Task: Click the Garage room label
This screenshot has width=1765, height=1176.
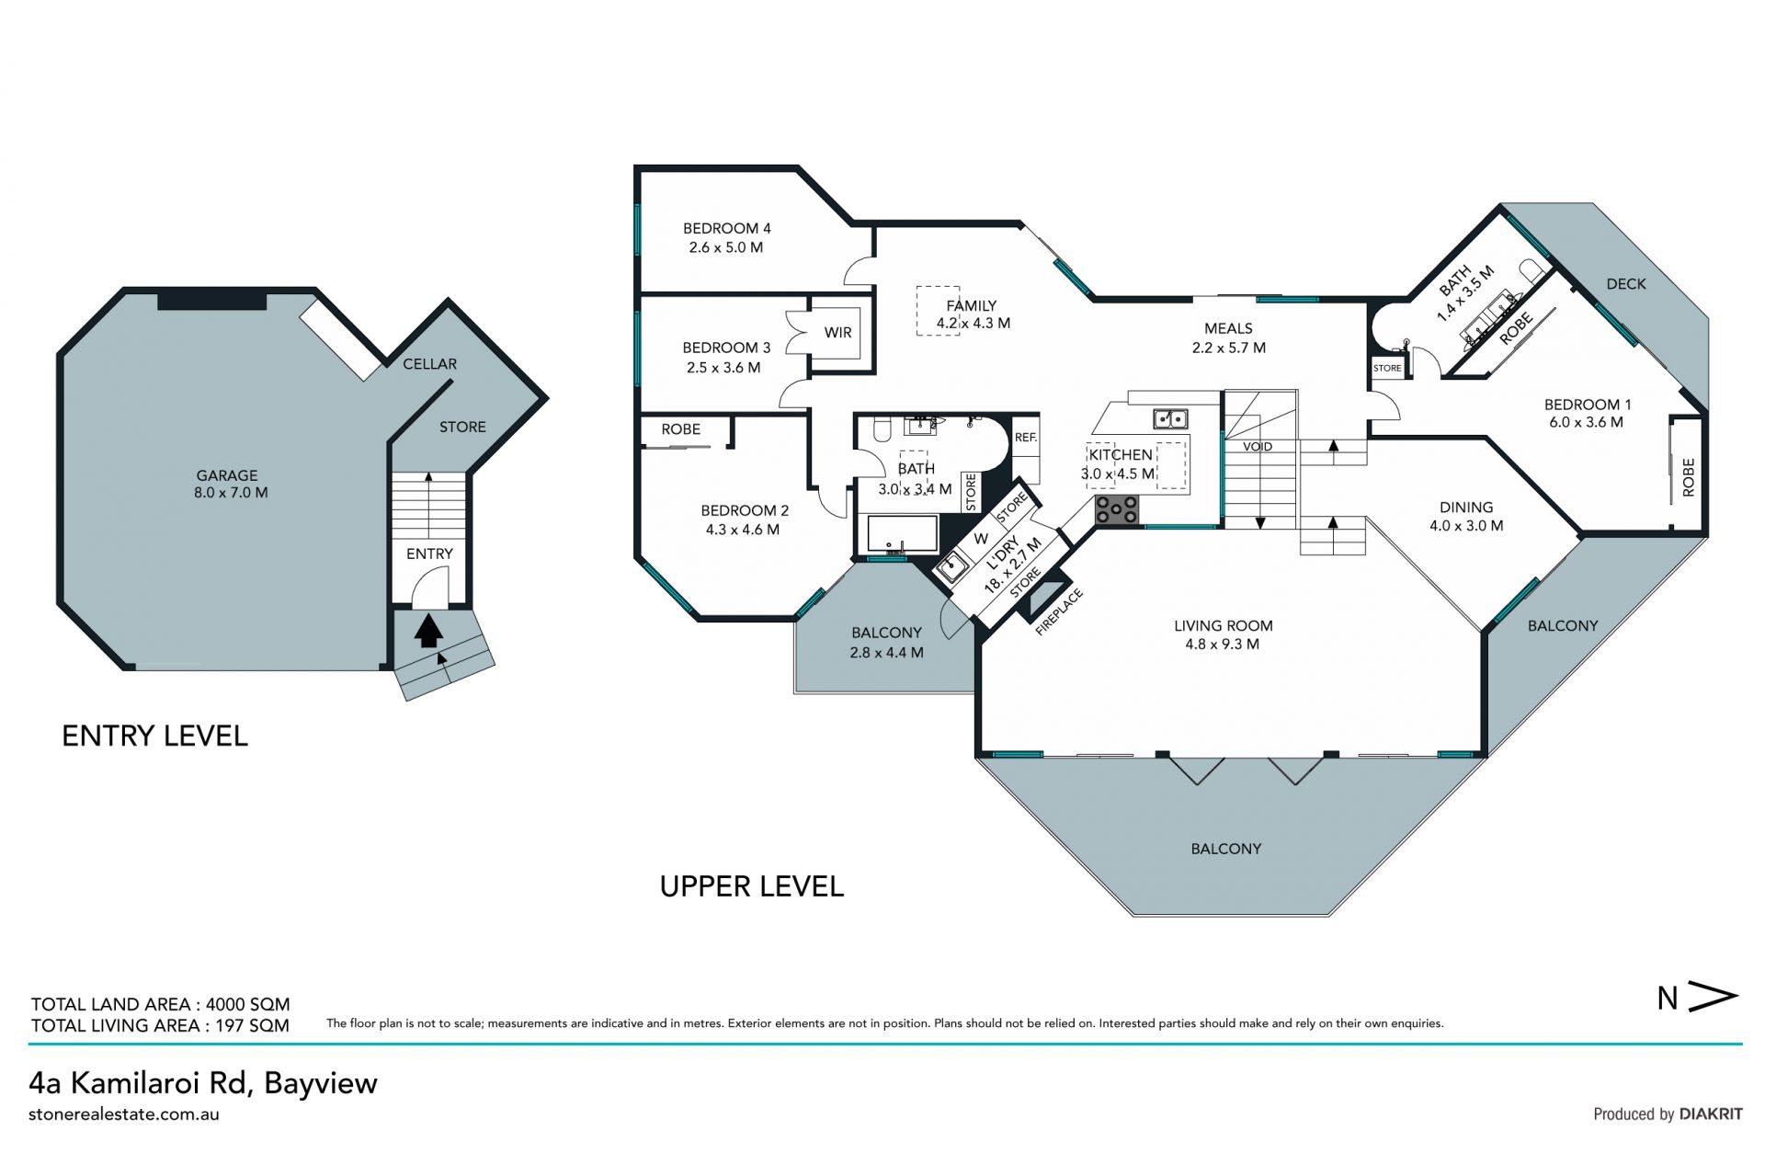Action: (226, 475)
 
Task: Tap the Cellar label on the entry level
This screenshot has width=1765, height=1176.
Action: (429, 364)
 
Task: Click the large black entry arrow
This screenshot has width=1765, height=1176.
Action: (427, 632)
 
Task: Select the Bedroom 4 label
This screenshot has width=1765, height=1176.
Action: (726, 228)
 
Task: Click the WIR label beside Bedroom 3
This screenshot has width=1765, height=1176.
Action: (837, 333)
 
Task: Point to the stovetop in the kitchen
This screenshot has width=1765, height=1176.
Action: (1117, 510)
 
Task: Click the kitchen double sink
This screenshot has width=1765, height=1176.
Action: (1170, 419)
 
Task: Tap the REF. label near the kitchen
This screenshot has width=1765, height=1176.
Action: (1026, 438)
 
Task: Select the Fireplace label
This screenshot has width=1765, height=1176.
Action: (1059, 611)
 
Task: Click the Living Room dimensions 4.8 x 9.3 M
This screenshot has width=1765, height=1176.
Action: (1223, 645)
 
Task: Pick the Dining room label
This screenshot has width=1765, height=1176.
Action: (1466, 508)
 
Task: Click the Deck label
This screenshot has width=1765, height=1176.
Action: (1626, 284)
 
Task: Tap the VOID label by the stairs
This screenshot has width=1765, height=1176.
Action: (1258, 447)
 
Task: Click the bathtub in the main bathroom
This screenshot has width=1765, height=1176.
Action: (903, 533)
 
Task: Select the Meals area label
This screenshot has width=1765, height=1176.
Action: (1228, 328)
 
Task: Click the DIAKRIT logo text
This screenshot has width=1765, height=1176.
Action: (1711, 1113)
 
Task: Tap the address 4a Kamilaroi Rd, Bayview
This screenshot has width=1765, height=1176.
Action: (203, 1083)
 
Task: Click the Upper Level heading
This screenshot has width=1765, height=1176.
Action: (752, 886)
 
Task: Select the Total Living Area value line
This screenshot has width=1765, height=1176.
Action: (160, 1025)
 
